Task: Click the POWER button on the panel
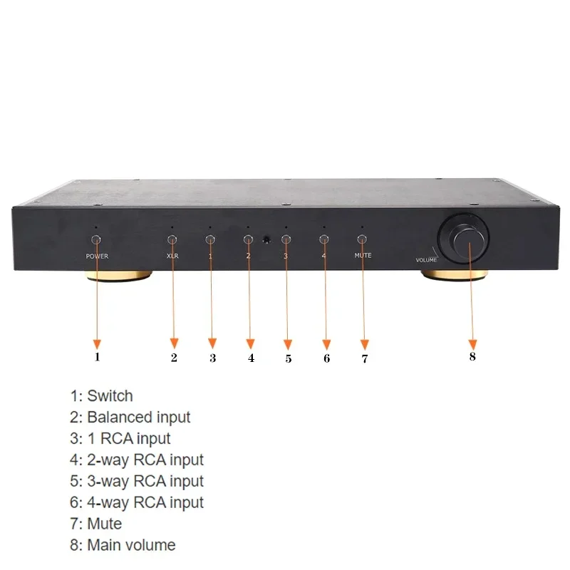[96, 240]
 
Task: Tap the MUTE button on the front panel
[362, 240]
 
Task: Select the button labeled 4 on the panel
[324, 240]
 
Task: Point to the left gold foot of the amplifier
[120, 276]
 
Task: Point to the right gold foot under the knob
[453, 276]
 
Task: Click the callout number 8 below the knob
[472, 356]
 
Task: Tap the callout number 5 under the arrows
[289, 358]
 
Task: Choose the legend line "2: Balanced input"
[130, 417]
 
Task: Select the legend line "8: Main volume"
[123, 545]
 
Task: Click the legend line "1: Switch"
[101, 395]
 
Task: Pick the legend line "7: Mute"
[96, 524]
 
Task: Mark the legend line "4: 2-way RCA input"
[137, 460]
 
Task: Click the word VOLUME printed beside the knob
[426, 260]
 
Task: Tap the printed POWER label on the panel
[97, 255]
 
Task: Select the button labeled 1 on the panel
[210, 240]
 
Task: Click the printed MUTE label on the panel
[362, 255]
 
